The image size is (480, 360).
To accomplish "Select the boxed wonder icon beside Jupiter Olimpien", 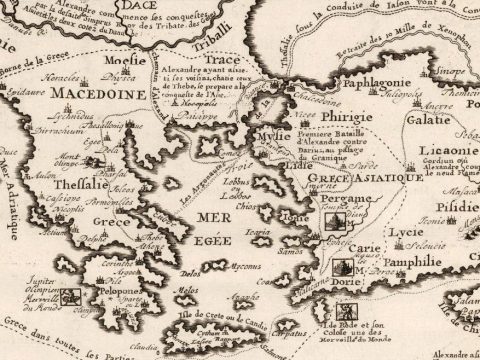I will [x=70, y=295].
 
